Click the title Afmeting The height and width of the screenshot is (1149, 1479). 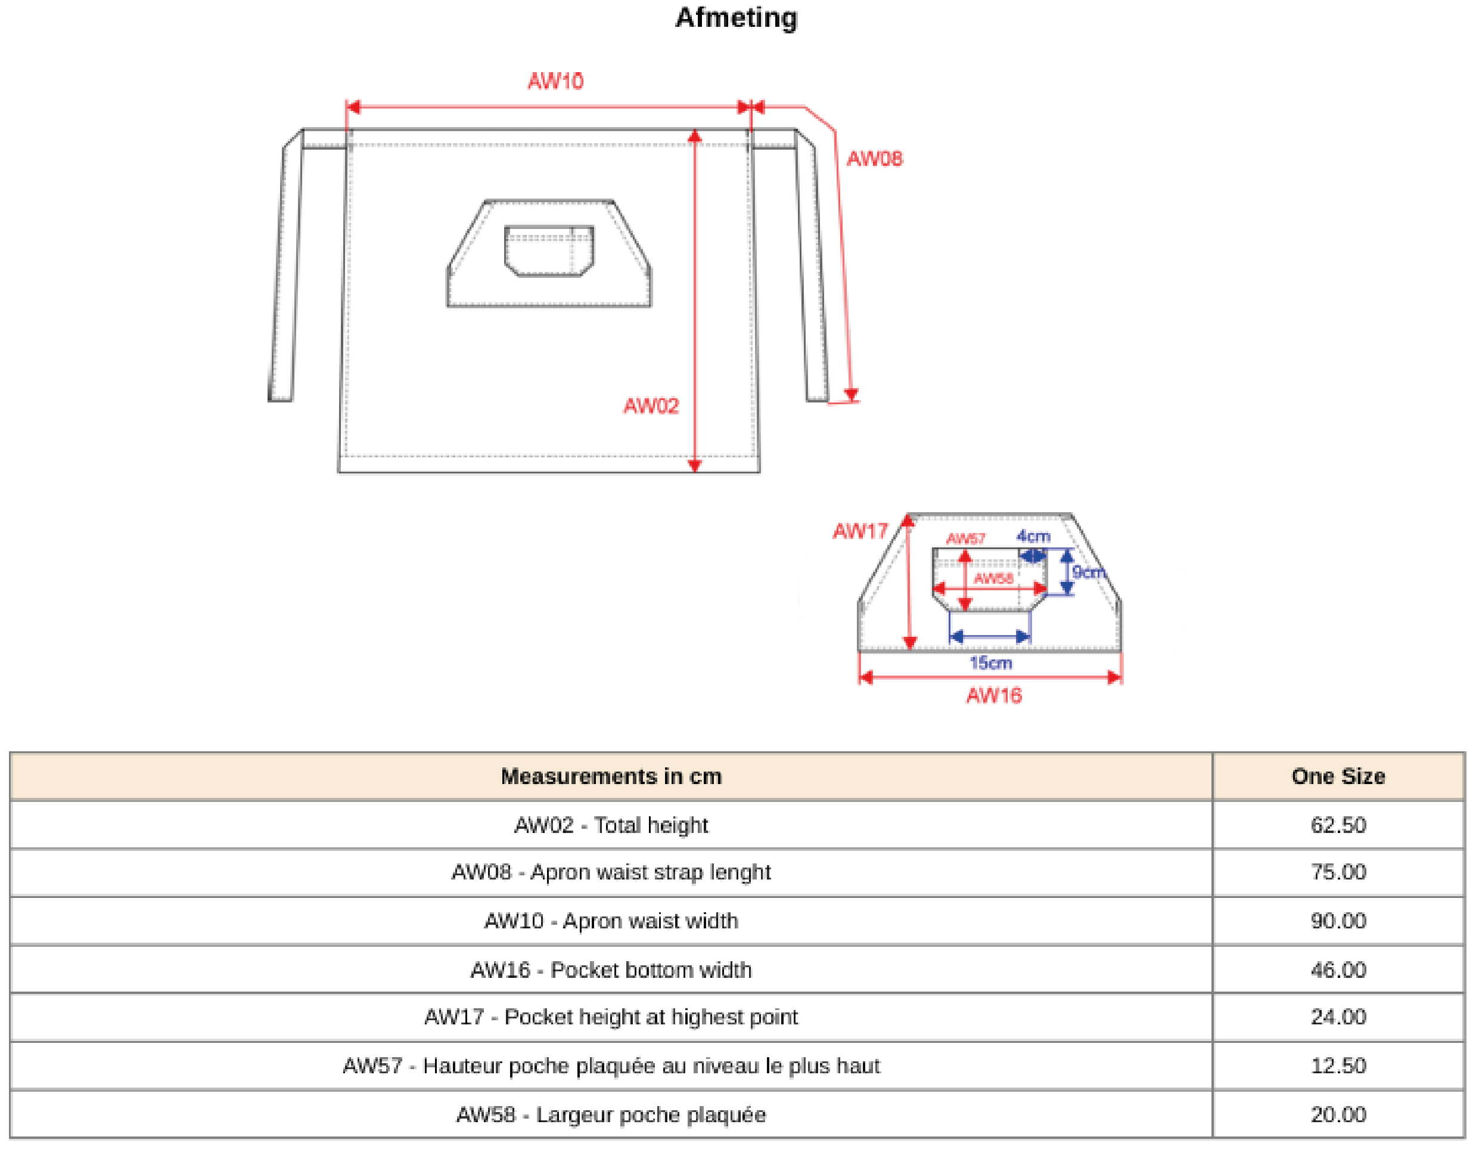point(737,18)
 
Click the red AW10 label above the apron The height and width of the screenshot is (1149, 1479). point(555,81)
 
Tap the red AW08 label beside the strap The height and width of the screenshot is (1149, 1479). point(874,159)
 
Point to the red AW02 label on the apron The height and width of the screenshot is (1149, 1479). point(651,406)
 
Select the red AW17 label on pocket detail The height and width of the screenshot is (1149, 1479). point(860,531)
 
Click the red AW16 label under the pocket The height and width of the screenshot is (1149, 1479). point(993,696)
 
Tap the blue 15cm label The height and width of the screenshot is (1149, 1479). point(991,662)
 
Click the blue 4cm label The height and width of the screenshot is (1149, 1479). point(1033,537)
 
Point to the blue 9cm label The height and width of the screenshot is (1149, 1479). point(1087,572)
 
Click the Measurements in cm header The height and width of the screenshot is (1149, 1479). point(611,776)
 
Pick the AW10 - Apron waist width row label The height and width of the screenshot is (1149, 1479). point(611,921)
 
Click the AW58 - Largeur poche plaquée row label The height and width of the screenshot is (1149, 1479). point(611,1115)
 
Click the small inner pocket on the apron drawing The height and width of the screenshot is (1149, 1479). point(549,250)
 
